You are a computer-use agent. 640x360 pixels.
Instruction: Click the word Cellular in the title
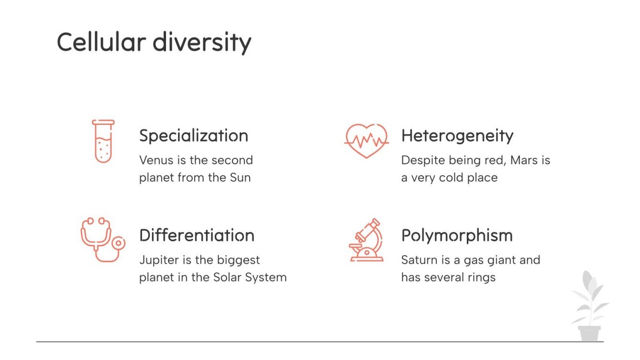pyautogui.click(x=101, y=42)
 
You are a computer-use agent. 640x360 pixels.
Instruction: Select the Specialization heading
pyautogui.click(x=194, y=136)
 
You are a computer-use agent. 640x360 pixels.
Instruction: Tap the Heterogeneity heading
pyautogui.click(x=457, y=136)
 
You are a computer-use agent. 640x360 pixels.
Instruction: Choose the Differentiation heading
pyautogui.click(x=197, y=235)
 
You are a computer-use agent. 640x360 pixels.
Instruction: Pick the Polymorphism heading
pyautogui.click(x=457, y=236)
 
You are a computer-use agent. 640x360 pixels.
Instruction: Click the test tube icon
pyautogui.click(x=103, y=141)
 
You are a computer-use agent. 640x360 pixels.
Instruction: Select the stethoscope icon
pyautogui.click(x=102, y=240)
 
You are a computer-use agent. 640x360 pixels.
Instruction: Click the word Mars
pyautogui.click(x=524, y=160)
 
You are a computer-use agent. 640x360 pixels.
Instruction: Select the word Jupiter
pyautogui.click(x=158, y=261)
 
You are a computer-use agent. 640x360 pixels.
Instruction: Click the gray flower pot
pyautogui.click(x=589, y=333)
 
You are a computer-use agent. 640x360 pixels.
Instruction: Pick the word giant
pyautogui.click(x=497, y=261)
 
